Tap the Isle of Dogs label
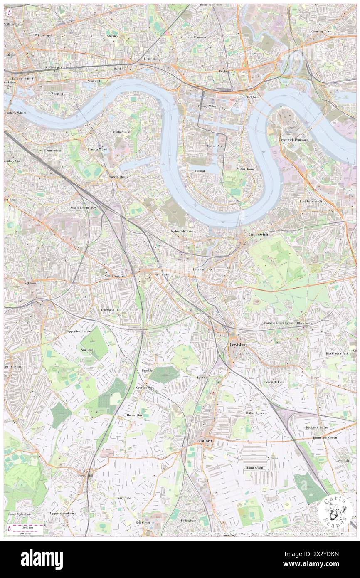pos(215,146)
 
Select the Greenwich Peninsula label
pos(293,140)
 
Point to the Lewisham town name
pos(239,345)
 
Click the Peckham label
pos(30,283)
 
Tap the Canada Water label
pos(97,149)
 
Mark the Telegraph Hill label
pos(110,310)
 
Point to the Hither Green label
pos(255,413)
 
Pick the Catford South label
pos(253,468)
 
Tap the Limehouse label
pos(151,59)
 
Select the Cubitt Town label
pos(245,169)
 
